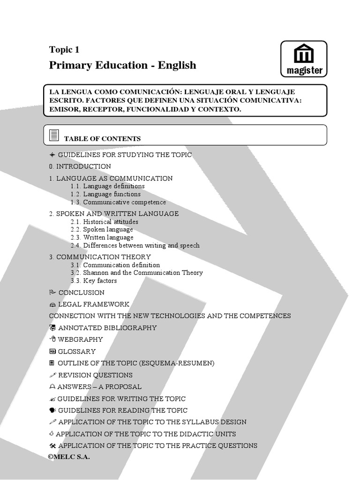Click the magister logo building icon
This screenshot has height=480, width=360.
(x=304, y=54)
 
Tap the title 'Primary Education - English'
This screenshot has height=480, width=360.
(x=122, y=65)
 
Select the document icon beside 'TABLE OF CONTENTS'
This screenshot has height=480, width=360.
(x=54, y=135)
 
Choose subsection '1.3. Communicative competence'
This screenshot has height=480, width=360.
(x=118, y=202)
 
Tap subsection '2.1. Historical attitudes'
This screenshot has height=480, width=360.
(x=105, y=222)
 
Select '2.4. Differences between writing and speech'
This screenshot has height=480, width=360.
(x=135, y=245)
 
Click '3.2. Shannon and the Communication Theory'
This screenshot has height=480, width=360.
(x=137, y=273)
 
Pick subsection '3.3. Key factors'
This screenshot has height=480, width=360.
(x=94, y=281)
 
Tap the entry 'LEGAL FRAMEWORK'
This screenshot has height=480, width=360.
(x=94, y=304)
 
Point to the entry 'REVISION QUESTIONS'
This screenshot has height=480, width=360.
(x=95, y=375)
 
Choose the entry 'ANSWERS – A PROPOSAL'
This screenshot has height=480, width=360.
(x=99, y=387)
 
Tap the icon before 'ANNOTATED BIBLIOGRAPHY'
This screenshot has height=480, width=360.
(x=52, y=328)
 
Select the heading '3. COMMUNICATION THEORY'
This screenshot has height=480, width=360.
(x=100, y=257)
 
